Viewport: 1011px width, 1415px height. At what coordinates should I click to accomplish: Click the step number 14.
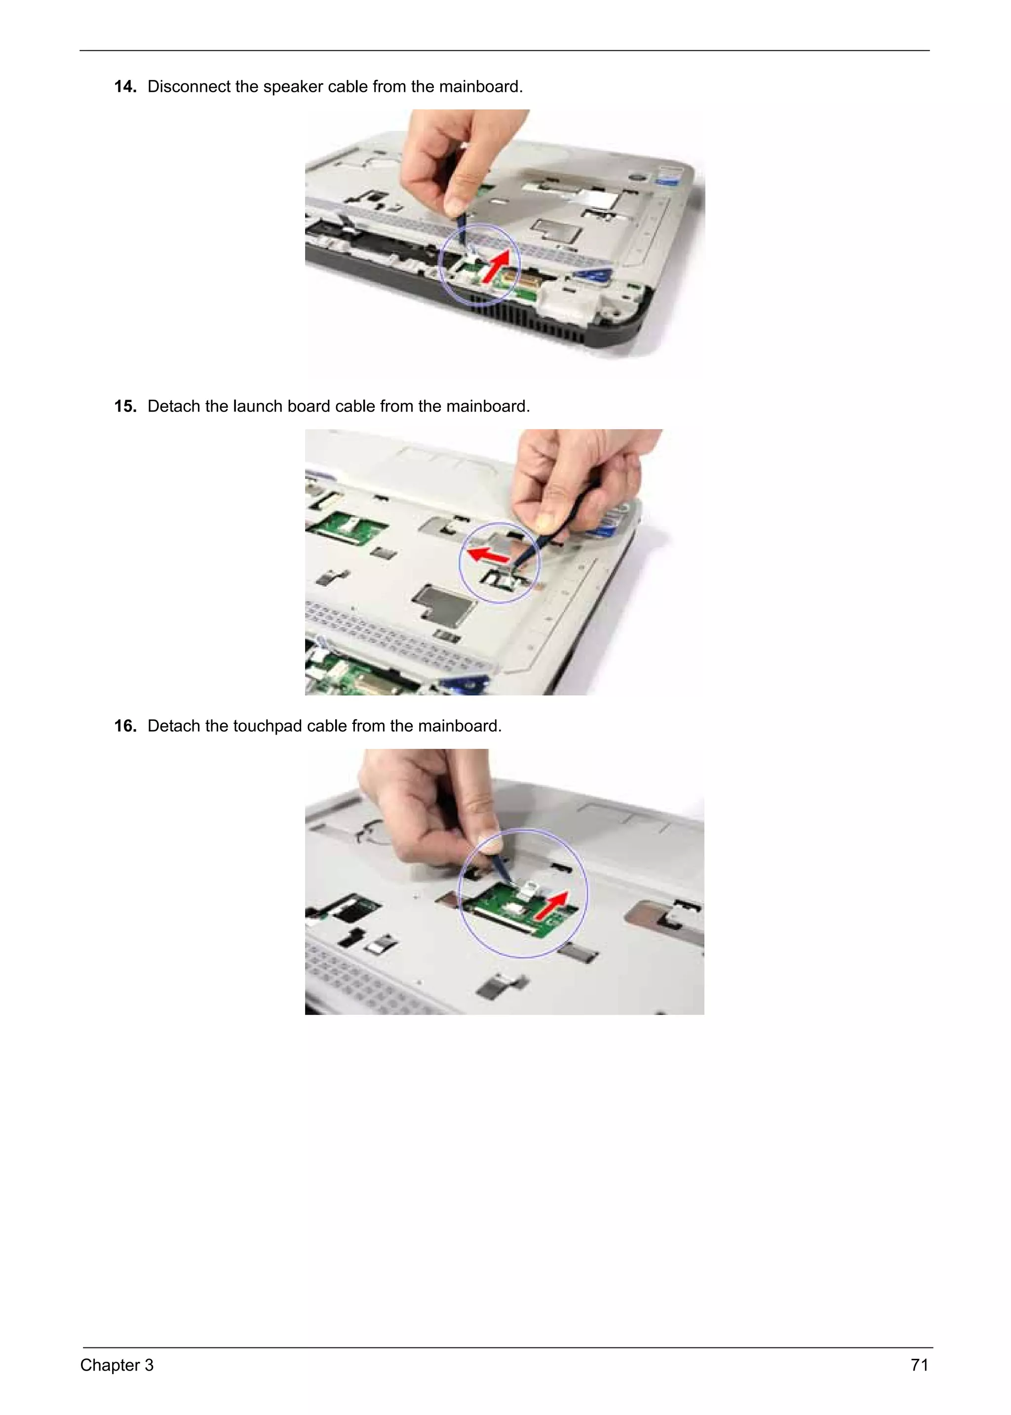point(125,86)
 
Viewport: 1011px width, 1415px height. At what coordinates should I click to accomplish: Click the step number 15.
point(125,407)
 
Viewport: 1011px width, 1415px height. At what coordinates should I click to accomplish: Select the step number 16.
point(125,726)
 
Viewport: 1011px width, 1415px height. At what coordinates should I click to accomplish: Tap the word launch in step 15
point(258,407)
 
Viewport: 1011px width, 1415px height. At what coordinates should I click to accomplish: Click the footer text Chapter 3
point(117,1365)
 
